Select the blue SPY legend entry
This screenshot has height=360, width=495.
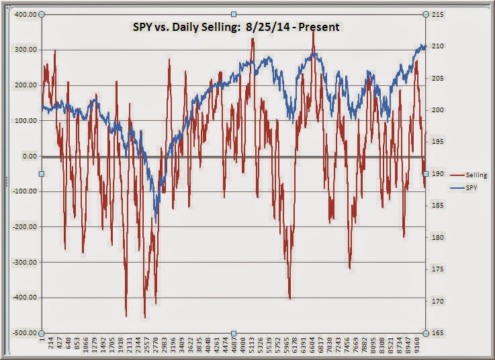[471, 189]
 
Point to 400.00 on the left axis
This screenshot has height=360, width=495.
[24, 14]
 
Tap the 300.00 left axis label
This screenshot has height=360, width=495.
[24, 50]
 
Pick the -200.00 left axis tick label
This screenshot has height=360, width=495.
[23, 227]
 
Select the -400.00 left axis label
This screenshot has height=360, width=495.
[23, 298]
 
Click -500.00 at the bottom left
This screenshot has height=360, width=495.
[23, 333]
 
